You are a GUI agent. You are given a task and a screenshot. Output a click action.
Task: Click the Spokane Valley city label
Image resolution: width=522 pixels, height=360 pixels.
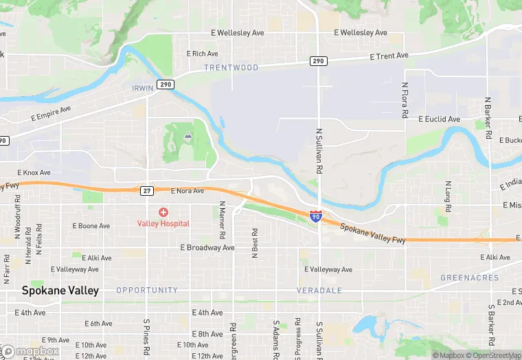point(60,291)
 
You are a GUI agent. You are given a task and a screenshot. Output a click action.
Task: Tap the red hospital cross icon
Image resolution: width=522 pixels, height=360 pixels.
point(163,212)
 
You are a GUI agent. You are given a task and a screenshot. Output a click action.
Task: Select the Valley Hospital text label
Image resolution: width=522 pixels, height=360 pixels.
point(163,223)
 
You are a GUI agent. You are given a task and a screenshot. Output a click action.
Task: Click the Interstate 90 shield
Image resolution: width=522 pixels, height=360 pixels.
point(315,216)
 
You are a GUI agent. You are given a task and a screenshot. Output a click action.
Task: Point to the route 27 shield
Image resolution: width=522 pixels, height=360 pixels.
point(147,190)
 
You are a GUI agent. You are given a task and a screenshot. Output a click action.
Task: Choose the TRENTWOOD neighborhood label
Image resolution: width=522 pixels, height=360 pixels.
point(231,68)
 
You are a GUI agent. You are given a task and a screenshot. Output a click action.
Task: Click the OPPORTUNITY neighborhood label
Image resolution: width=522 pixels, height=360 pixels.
point(147,291)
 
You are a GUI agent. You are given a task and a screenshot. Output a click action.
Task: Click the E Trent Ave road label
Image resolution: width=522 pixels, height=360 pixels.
point(389,56)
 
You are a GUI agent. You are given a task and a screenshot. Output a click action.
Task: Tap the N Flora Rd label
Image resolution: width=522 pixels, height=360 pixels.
point(405,102)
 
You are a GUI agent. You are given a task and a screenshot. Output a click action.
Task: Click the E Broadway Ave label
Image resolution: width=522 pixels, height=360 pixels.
point(207,247)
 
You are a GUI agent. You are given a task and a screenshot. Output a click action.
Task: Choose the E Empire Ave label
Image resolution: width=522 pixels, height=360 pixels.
point(51,114)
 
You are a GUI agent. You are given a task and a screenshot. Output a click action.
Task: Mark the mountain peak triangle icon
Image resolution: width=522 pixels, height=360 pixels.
point(188,135)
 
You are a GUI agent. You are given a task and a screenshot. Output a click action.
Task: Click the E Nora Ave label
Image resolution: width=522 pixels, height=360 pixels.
point(188,191)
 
